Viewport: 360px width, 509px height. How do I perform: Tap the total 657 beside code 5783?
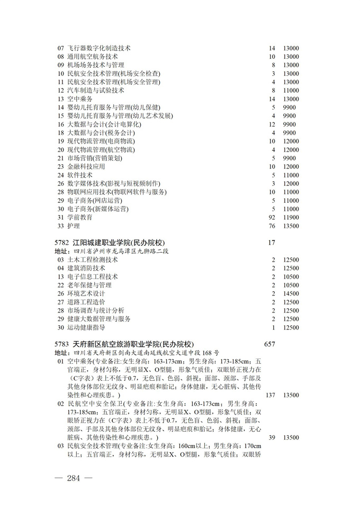[x=269, y=344]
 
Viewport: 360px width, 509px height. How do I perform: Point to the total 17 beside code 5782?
[x=271, y=243]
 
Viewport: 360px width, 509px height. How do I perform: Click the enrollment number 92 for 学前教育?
[x=272, y=217]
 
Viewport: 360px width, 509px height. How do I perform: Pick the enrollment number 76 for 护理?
[x=272, y=226]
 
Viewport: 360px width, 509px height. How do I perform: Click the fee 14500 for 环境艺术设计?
[x=291, y=293]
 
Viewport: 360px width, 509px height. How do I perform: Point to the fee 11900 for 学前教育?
[x=291, y=217]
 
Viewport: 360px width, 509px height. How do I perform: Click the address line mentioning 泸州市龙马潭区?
[x=111, y=251]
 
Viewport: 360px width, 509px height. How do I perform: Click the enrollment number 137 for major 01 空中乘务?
[x=271, y=395]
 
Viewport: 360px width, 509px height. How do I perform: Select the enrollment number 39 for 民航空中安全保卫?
[x=272, y=437]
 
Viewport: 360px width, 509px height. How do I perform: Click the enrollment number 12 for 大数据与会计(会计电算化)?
[x=272, y=124]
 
